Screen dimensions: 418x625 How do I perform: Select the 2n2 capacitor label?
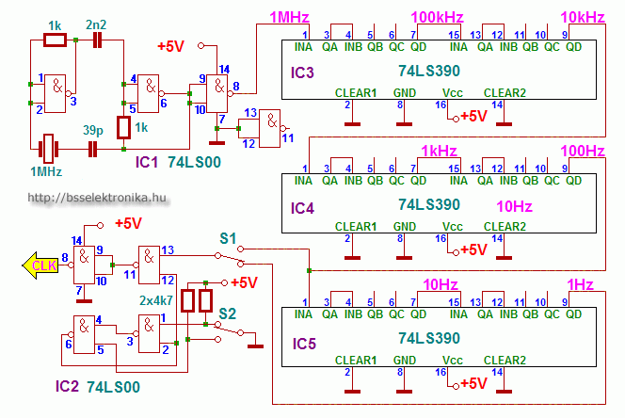[96, 24]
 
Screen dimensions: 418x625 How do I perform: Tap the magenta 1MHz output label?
[286, 18]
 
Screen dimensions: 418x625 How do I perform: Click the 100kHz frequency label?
[438, 18]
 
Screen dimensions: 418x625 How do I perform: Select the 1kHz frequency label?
[438, 151]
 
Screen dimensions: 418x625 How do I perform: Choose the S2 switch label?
[228, 312]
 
